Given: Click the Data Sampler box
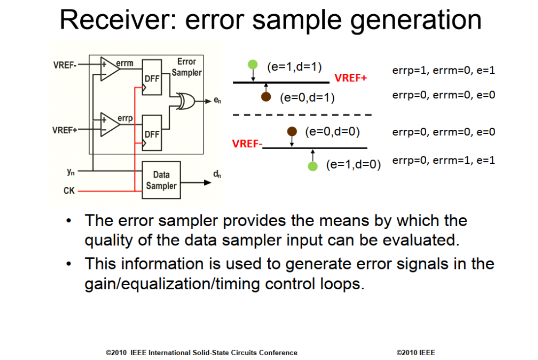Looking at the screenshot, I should click(x=161, y=180).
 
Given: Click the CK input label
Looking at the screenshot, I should click(x=69, y=190).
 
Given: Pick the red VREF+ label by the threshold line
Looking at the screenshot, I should click(x=351, y=78).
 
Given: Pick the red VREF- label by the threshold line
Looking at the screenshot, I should click(x=247, y=144).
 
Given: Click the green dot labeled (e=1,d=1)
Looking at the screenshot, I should click(x=253, y=64).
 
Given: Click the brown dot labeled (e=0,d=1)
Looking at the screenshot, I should click(x=266, y=97).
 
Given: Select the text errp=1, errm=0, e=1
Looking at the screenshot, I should click(x=443, y=71).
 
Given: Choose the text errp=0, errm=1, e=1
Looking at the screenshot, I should click(x=443, y=160).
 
